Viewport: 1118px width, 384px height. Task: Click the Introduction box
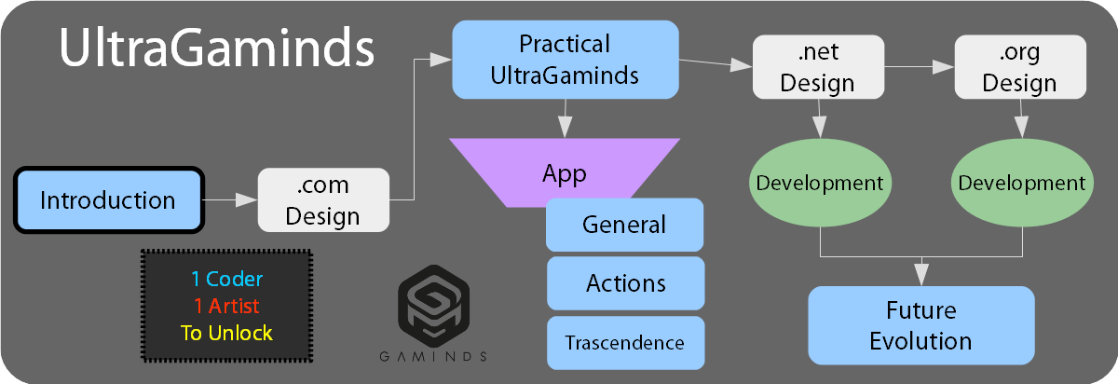pyautogui.click(x=108, y=199)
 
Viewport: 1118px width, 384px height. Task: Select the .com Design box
pyautogui.click(x=323, y=199)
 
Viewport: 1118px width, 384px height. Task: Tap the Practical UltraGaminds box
pyautogui.click(x=565, y=60)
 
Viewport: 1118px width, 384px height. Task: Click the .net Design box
pyautogui.click(x=817, y=67)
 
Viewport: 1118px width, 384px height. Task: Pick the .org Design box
pyautogui.click(x=1019, y=67)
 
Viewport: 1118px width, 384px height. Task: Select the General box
pyautogui.click(x=624, y=225)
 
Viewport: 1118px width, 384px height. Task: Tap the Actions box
pyautogui.click(x=624, y=283)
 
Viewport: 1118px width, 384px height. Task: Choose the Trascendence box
pyautogui.click(x=624, y=343)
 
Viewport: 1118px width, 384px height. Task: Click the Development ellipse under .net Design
pyautogui.click(x=820, y=183)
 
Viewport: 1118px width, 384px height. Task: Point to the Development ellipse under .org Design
pyautogui.click(x=1022, y=183)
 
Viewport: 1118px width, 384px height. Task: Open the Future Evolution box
pyautogui.click(x=920, y=324)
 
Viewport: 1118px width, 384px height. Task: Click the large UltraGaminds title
pyautogui.click(x=217, y=48)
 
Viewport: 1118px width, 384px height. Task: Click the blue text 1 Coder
pyautogui.click(x=226, y=279)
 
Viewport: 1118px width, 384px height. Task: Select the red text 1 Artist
pyautogui.click(x=226, y=306)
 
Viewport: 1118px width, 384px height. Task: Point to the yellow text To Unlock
pyautogui.click(x=226, y=333)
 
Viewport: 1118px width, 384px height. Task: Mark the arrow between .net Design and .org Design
pyautogui.click(x=919, y=67)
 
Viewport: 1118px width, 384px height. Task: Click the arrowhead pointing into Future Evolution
pyautogui.click(x=921, y=275)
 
